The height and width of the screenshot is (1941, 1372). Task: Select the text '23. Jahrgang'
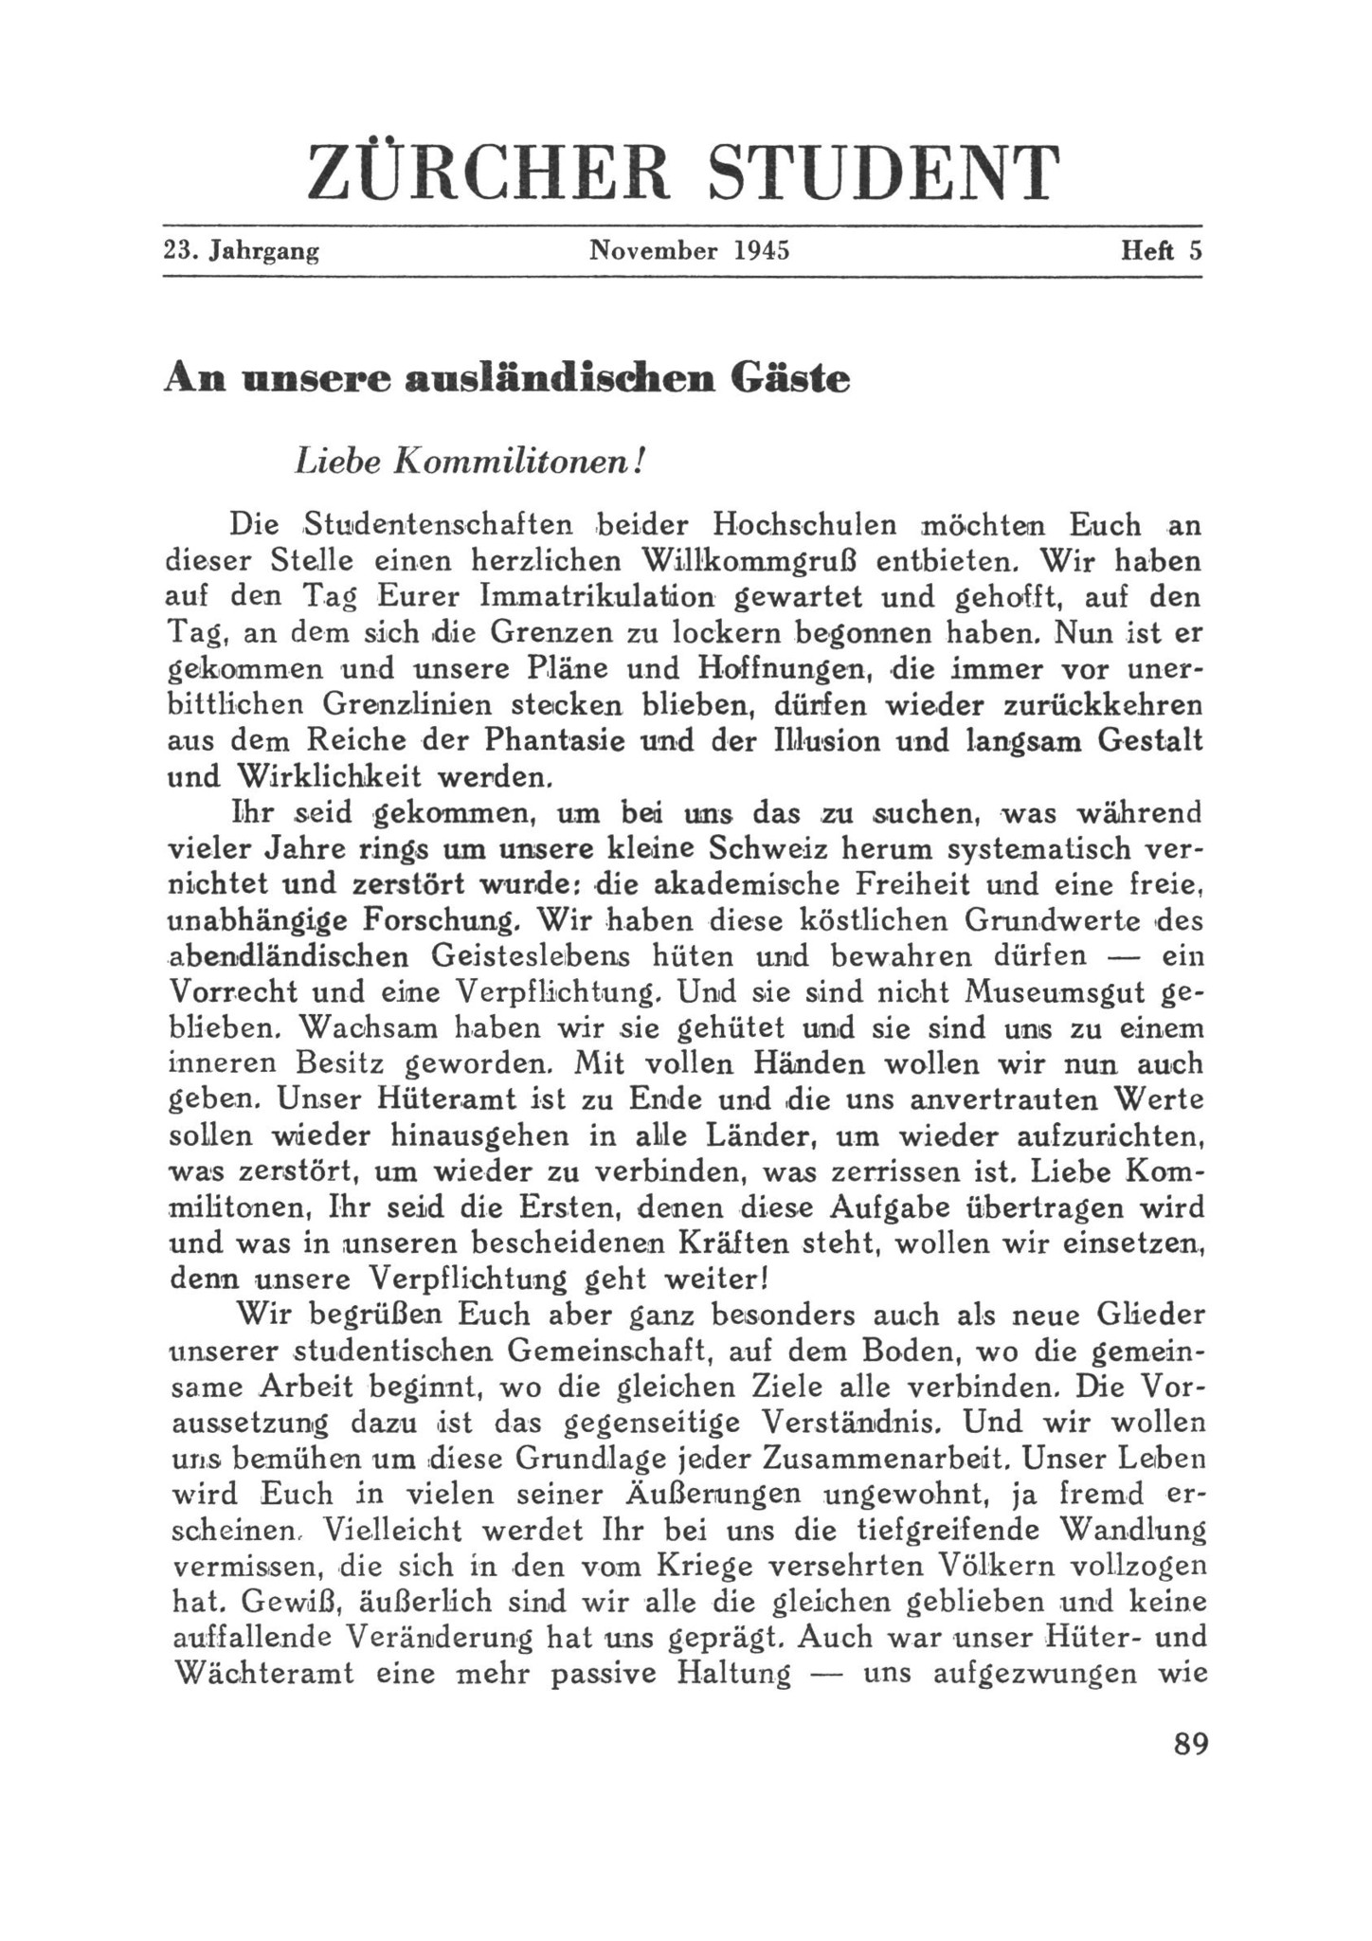click(241, 251)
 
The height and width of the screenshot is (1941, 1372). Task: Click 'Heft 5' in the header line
click(1161, 251)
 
